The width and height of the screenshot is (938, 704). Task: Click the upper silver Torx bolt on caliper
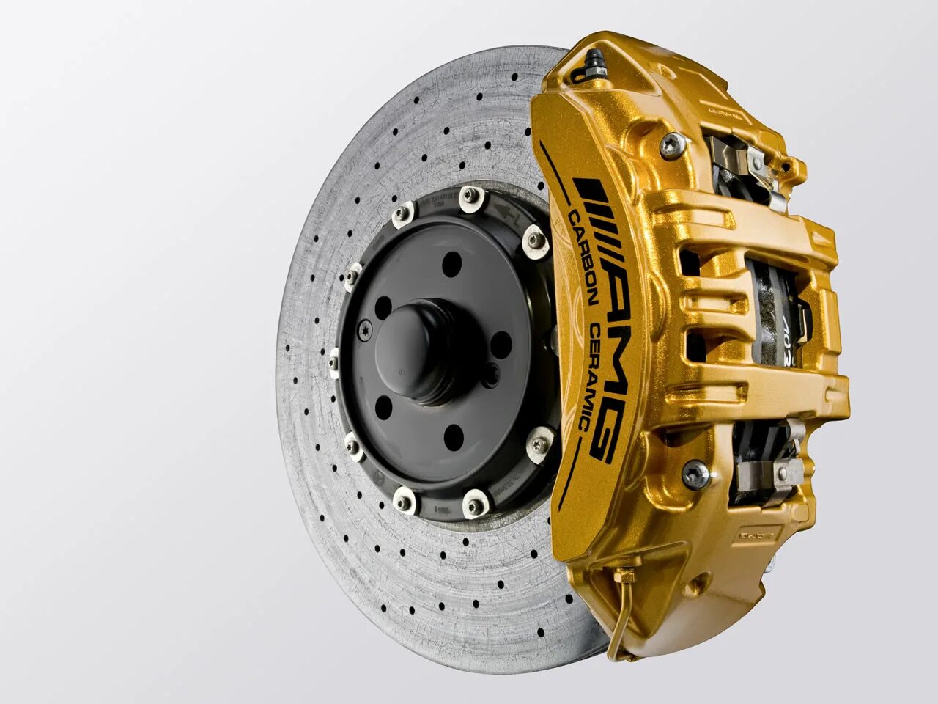point(668,144)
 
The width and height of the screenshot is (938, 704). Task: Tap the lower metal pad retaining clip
point(769,462)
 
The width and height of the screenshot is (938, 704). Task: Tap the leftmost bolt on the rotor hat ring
point(334,362)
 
